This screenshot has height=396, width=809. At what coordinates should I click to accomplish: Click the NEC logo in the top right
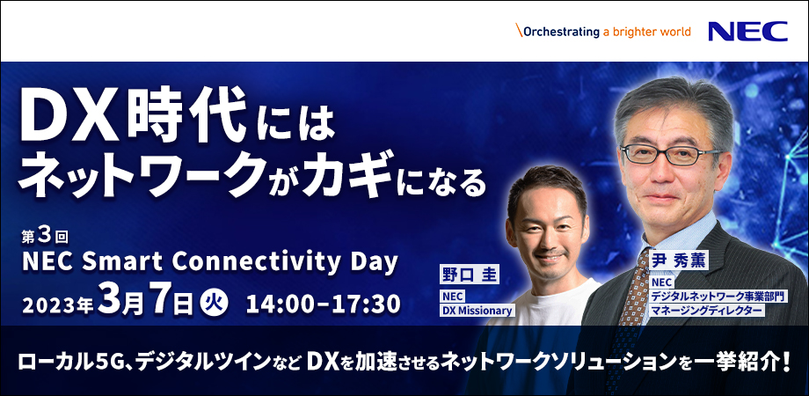pyautogui.click(x=747, y=32)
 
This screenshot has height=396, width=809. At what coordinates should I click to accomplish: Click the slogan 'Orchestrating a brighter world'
pyautogui.click(x=605, y=32)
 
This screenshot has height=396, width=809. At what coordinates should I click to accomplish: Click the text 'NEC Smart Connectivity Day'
pyautogui.click(x=209, y=262)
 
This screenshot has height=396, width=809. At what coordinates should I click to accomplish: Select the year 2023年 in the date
pyautogui.click(x=59, y=304)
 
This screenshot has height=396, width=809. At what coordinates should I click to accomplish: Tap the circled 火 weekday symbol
pyautogui.click(x=215, y=302)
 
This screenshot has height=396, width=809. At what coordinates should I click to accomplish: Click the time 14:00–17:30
pyautogui.click(x=323, y=303)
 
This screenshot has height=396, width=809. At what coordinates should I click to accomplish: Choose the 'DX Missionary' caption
pyautogui.click(x=476, y=310)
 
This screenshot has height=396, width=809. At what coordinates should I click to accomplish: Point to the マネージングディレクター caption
pyautogui.click(x=708, y=310)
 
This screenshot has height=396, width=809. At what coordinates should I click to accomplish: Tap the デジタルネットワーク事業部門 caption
pyautogui.click(x=716, y=296)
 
